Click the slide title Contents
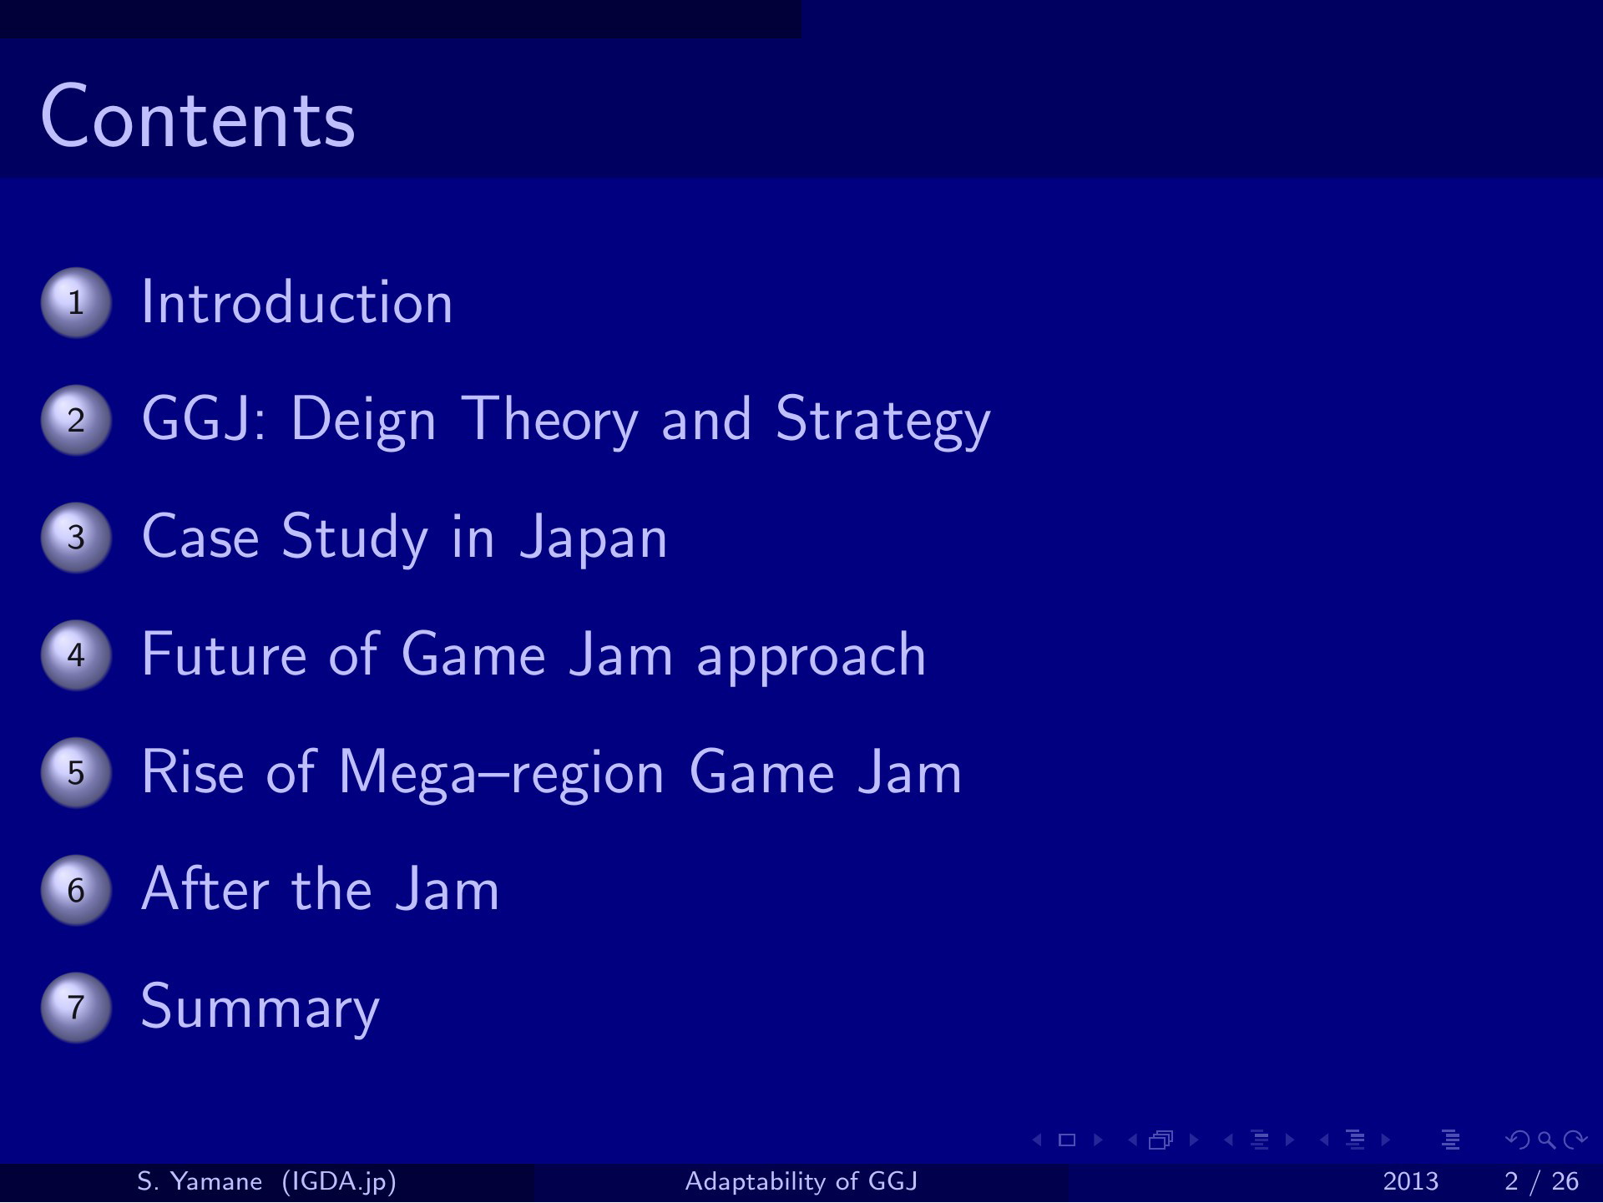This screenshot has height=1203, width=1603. (x=198, y=118)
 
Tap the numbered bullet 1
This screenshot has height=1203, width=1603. (x=76, y=302)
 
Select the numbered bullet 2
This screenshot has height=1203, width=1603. (x=76, y=420)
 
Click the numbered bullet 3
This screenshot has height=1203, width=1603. (x=76, y=538)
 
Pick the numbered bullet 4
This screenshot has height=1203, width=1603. (x=76, y=655)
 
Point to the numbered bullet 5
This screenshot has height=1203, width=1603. (x=76, y=773)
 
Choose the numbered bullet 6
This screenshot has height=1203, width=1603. (x=76, y=890)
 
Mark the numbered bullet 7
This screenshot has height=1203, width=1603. (x=76, y=1008)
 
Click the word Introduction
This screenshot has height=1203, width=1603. (x=297, y=302)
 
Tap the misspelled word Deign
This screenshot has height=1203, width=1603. (x=363, y=421)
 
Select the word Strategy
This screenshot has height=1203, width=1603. (x=882, y=421)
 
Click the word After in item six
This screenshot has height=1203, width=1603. (x=205, y=889)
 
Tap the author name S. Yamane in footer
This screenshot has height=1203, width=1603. (x=200, y=1181)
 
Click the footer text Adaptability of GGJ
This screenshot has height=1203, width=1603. (x=801, y=1181)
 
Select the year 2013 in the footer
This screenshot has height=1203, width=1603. (x=1411, y=1182)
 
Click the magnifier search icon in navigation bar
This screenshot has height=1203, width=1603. (x=1547, y=1140)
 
